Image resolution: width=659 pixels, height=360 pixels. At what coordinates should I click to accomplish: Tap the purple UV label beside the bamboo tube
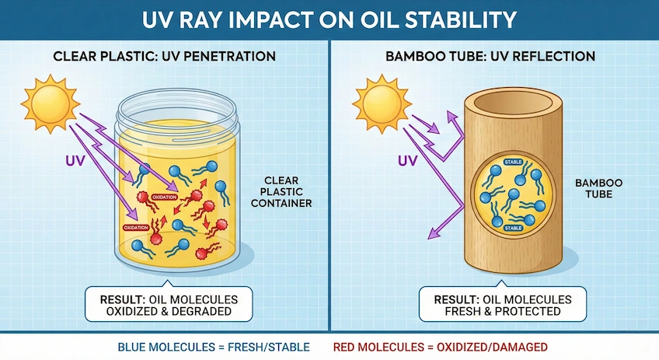point(408,163)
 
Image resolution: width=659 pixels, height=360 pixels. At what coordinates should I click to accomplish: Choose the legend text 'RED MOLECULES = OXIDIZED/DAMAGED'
point(440,346)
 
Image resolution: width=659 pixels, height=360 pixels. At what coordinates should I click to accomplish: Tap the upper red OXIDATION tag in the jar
point(163,197)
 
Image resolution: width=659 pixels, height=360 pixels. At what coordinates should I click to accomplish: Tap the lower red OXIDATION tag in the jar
point(134,226)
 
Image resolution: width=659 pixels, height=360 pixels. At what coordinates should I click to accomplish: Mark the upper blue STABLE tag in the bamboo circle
point(514,163)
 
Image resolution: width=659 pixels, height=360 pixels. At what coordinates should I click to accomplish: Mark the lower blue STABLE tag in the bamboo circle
point(514,228)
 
